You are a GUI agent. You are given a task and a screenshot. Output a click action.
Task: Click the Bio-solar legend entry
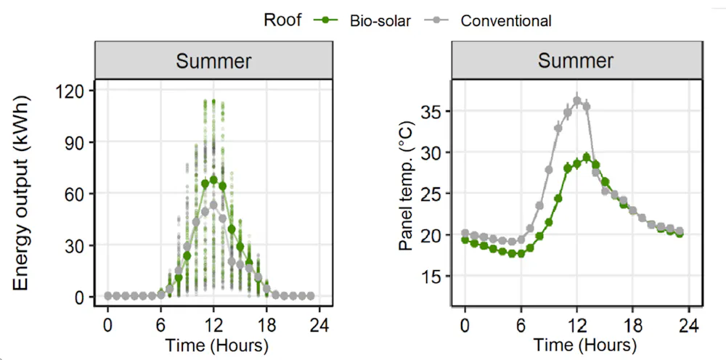point(363,20)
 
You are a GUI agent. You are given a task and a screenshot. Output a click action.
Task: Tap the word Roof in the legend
point(283,20)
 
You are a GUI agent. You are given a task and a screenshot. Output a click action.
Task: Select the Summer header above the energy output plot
point(213,60)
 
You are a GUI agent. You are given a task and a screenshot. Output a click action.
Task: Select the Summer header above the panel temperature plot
point(576,60)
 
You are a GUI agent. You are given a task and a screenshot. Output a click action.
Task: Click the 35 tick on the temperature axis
point(433,111)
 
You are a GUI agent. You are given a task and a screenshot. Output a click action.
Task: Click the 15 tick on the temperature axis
point(433,277)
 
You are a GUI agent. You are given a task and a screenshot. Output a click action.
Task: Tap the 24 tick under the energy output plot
point(319,322)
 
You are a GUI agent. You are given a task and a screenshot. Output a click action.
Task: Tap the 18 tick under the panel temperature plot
point(632,322)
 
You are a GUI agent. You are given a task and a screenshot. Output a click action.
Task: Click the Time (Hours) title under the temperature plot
point(576,344)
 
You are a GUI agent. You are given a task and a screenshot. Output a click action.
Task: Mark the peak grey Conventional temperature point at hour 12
point(577,101)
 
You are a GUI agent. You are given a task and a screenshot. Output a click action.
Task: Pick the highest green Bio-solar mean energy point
point(213,180)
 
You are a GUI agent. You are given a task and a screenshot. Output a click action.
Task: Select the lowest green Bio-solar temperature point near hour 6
point(520,253)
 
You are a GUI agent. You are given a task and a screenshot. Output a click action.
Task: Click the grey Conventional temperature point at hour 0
point(465,234)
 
